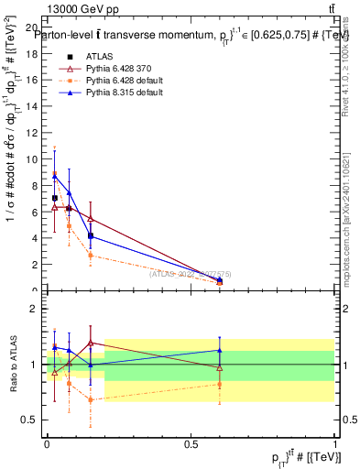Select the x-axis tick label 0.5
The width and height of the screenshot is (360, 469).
(x=191, y=443)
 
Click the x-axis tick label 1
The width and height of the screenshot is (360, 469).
(x=334, y=443)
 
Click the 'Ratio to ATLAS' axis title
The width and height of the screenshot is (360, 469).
(x=12, y=365)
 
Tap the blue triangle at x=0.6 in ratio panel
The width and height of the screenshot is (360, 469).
(x=219, y=350)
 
